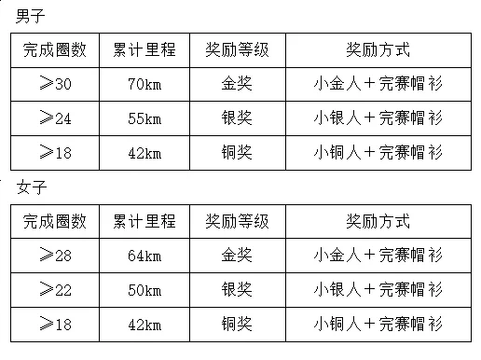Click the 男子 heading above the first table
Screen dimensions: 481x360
30,16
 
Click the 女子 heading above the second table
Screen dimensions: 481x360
32,187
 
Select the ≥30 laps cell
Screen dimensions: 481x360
55,84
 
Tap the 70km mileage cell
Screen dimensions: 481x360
144,84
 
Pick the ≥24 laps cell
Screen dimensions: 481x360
55,118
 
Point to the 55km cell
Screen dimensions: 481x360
144,118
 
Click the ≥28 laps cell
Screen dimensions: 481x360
55,256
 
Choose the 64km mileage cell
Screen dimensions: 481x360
144,256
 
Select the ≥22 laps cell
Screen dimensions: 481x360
55,290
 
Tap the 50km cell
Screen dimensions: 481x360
144,290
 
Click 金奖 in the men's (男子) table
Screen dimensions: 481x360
237,83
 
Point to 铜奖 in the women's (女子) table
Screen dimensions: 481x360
237,324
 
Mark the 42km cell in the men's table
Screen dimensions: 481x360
144,153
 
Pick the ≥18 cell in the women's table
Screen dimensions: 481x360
55,325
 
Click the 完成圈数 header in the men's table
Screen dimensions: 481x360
55,49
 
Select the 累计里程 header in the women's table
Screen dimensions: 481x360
144,221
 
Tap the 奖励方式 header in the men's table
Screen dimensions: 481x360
378,49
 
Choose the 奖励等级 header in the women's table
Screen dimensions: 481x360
237,221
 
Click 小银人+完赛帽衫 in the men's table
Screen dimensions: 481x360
378,118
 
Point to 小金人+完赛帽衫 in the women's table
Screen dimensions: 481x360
378,255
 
